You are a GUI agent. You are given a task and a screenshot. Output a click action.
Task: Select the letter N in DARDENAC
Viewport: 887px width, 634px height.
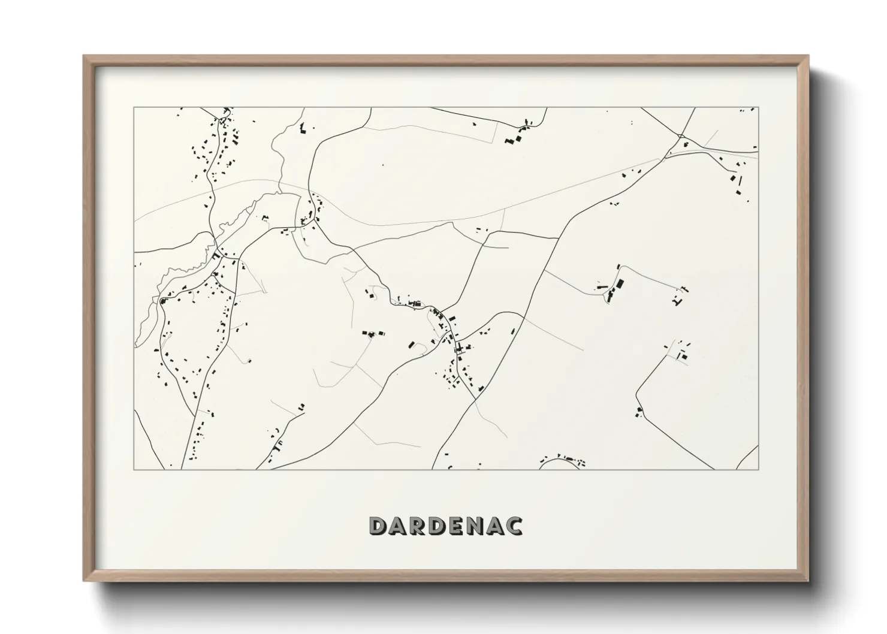pos(476,526)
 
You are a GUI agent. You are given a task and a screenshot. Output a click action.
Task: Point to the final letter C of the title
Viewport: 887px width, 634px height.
pos(514,526)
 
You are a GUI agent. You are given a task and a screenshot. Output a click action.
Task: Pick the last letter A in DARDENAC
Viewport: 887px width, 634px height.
pos(496,526)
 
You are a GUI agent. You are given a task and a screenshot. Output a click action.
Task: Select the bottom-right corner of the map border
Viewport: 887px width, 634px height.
pos(758,469)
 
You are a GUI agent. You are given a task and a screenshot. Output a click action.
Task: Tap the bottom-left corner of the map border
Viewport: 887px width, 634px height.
pos(134,469)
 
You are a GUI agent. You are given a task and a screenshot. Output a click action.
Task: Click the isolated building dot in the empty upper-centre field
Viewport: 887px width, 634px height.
pos(382,165)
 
